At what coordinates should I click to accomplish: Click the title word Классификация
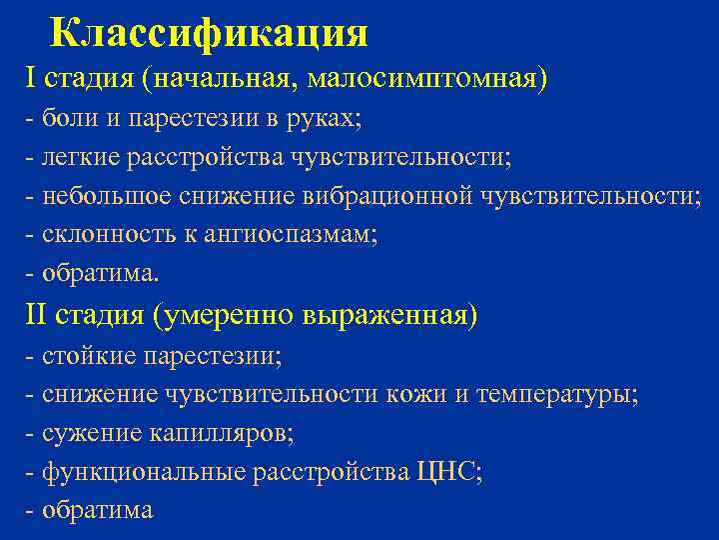point(208,32)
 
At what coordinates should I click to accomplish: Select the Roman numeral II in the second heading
point(36,315)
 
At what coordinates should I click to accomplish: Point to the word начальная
point(230,77)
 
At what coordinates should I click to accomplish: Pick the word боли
point(69,119)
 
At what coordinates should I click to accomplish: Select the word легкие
point(81,157)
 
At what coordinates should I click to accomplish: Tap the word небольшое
point(105,196)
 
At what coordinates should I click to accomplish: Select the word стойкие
point(90,356)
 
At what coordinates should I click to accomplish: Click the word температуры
point(555,394)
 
